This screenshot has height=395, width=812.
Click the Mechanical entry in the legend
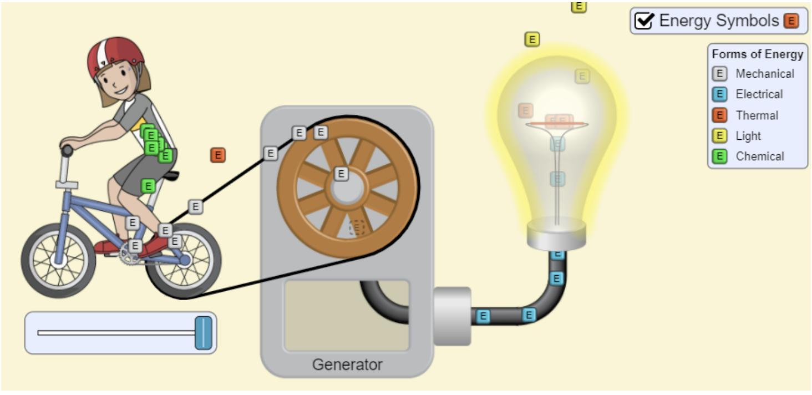[x=764, y=74]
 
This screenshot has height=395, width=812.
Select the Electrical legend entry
[x=759, y=94]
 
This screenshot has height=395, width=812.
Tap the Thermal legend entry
[x=757, y=115]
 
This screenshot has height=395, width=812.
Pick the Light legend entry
[x=748, y=136]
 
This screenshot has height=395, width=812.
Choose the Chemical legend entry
[x=759, y=156]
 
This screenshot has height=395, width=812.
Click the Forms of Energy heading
[x=757, y=54]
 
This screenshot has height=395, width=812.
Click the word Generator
[x=347, y=364]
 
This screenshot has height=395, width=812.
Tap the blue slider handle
[x=204, y=333]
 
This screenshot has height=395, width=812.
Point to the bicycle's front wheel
[x=58, y=260]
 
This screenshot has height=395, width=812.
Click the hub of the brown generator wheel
[x=347, y=188]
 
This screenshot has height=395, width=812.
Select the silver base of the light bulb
[x=556, y=233]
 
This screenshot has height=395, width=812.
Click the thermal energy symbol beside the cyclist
[x=218, y=155]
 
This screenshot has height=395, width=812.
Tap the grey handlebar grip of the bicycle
[x=67, y=151]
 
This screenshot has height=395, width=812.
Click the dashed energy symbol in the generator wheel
[x=357, y=227]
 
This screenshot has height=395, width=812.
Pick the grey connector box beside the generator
[x=451, y=316]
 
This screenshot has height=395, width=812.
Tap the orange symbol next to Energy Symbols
[x=791, y=21]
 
